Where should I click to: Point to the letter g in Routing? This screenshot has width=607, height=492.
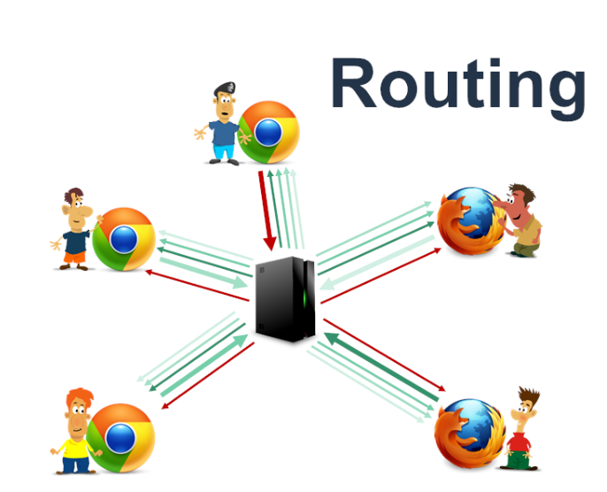pyautogui.click(x=562, y=93)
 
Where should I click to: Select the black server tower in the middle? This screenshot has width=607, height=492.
pyautogui.click(x=285, y=297)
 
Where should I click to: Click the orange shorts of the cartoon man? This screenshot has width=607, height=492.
pyautogui.click(x=73, y=257)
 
